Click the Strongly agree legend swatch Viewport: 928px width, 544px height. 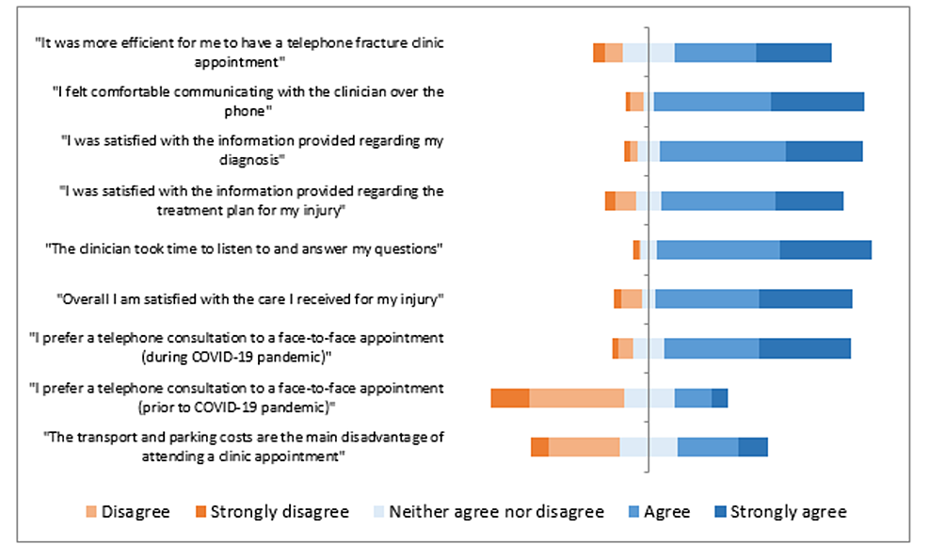click(720, 512)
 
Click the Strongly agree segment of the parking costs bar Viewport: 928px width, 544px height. click(752, 447)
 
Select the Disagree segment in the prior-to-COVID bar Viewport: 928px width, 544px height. click(576, 398)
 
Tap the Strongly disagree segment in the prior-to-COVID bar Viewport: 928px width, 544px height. click(509, 398)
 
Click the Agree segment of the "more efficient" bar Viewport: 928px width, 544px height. click(714, 54)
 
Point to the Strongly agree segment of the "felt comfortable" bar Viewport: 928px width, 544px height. click(817, 103)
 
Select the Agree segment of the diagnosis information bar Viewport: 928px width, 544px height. click(722, 152)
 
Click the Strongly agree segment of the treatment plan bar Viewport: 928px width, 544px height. click(808, 200)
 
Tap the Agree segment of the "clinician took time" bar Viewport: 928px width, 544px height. click(718, 249)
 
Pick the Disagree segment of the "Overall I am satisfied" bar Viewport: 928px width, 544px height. click(632, 298)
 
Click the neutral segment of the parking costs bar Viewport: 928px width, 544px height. click(648, 447)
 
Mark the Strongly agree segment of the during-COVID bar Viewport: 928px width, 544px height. click(804, 348)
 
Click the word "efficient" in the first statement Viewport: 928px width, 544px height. click(184, 44)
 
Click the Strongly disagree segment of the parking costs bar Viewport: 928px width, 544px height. click(539, 447)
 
